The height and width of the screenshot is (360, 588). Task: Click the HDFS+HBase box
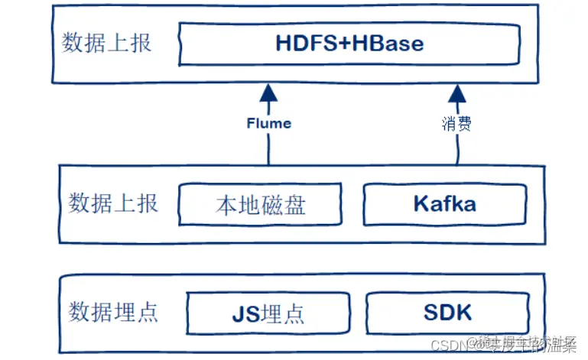[x=350, y=43]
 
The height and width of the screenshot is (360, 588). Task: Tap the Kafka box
[x=444, y=204]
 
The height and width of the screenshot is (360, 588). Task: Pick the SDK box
[x=447, y=313]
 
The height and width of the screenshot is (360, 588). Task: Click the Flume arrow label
[x=268, y=122]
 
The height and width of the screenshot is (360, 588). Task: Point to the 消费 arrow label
[x=456, y=123]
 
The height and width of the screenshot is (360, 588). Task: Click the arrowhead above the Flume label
[x=268, y=94]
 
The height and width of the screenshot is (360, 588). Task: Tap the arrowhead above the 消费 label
[x=457, y=94]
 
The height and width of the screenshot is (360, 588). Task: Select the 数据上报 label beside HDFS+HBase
[x=106, y=42]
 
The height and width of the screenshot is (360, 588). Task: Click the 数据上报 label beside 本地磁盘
[x=113, y=203]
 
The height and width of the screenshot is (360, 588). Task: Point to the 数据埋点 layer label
[x=113, y=312]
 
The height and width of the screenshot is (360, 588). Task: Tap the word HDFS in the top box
[x=304, y=43]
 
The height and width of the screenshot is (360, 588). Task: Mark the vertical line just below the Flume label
[x=268, y=149]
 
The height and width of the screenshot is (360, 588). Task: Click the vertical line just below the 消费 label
[x=457, y=149]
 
